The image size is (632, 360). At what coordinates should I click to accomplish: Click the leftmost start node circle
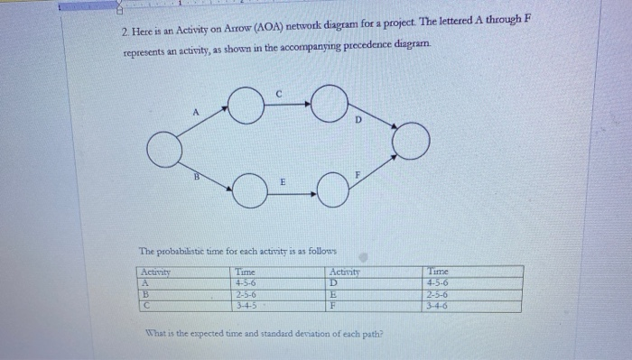pos(165,151)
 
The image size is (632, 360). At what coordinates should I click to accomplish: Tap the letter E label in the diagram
pos(283,182)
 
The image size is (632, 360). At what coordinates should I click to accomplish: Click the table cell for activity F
pos(334,306)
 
